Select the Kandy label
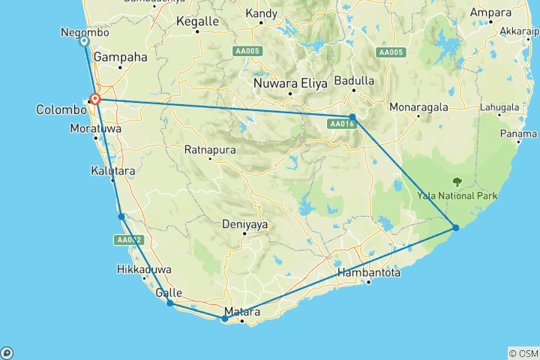click(x=260, y=13)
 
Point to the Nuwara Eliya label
click(x=290, y=83)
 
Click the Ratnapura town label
click(x=210, y=149)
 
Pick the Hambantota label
click(x=368, y=273)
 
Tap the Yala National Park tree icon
click(x=457, y=181)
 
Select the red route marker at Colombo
click(x=95, y=98)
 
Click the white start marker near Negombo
click(x=84, y=42)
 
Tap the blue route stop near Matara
click(x=224, y=319)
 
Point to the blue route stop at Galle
click(x=170, y=303)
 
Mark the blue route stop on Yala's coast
click(x=455, y=227)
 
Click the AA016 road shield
click(x=340, y=124)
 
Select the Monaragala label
click(x=418, y=107)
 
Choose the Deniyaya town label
click(x=244, y=223)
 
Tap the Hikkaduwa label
click(x=144, y=269)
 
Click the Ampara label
click(x=490, y=13)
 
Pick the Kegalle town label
click(x=195, y=22)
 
